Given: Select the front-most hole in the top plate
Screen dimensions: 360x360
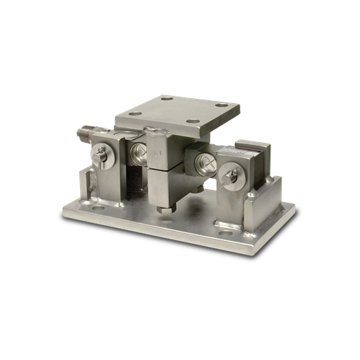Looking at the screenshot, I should [x=193, y=121].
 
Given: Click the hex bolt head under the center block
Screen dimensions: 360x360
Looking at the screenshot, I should [x=164, y=210].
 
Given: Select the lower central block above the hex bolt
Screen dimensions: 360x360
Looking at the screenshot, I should [x=164, y=188].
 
